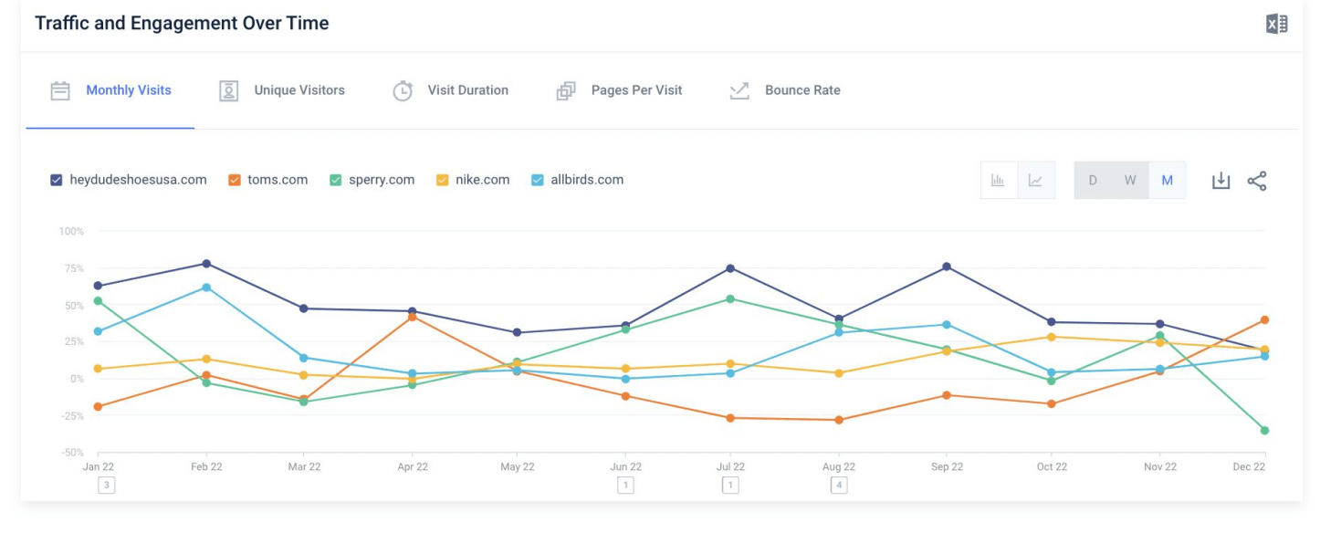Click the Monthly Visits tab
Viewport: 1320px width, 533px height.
[128, 90]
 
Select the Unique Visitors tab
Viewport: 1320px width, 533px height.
[299, 90]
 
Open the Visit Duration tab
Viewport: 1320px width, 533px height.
[467, 90]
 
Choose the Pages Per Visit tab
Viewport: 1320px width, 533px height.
[636, 90]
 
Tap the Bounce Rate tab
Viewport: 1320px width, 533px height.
[801, 90]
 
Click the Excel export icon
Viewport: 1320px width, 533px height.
[1276, 25]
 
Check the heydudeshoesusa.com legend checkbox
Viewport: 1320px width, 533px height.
[57, 181]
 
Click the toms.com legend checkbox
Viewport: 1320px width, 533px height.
[235, 181]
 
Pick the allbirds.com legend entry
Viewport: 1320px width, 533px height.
[586, 180]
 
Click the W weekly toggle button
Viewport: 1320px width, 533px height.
[1130, 181]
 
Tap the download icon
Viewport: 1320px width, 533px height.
[1220, 181]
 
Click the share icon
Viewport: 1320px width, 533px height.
[1257, 181]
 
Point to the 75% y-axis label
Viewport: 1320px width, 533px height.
[71, 268]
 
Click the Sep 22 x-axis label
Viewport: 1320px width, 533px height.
[947, 466]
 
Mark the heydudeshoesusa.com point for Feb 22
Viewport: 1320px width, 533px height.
[206, 264]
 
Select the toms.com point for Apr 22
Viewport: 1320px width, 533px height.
[413, 317]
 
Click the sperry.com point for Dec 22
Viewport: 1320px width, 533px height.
[1265, 431]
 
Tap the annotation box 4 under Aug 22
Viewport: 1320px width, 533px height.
[838, 486]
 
